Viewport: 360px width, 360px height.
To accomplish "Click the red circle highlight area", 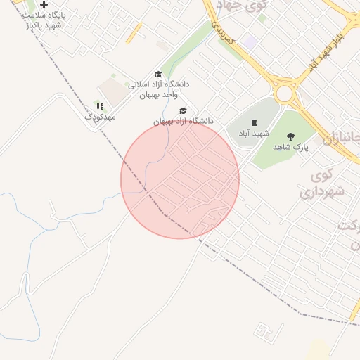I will (180, 179).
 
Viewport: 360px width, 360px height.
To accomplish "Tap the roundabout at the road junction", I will (285, 93).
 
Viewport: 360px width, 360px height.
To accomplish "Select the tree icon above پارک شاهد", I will (290, 136).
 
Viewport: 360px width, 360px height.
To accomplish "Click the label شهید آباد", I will (254, 133).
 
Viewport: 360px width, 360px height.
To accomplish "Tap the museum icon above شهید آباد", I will (253, 122).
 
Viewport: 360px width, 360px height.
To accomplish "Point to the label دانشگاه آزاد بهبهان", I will (183, 122).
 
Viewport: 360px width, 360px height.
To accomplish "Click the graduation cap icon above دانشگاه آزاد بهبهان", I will (184, 110).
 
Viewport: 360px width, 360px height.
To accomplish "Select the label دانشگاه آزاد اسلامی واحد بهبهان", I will (158, 89).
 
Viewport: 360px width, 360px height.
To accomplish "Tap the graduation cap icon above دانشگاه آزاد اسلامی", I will (158, 74).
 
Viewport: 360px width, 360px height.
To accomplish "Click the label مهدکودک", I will (100, 117).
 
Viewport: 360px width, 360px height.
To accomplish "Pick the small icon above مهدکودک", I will (100, 106).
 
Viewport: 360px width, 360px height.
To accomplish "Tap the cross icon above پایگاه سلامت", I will (44, 5).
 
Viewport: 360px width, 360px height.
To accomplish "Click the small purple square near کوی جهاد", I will (251, 41).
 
